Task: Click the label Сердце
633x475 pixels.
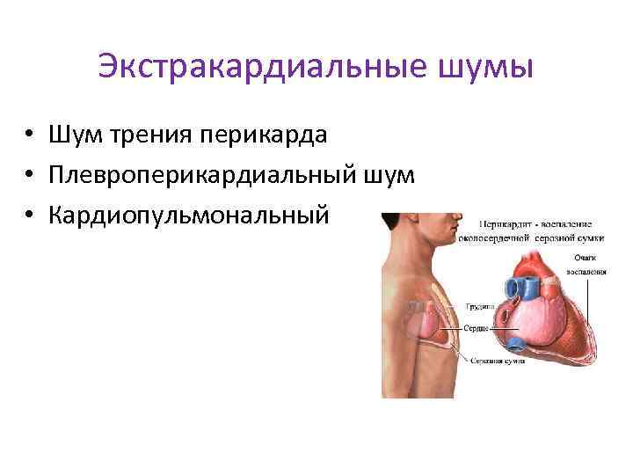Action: point(480,328)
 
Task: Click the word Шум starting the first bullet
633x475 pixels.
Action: point(77,135)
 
